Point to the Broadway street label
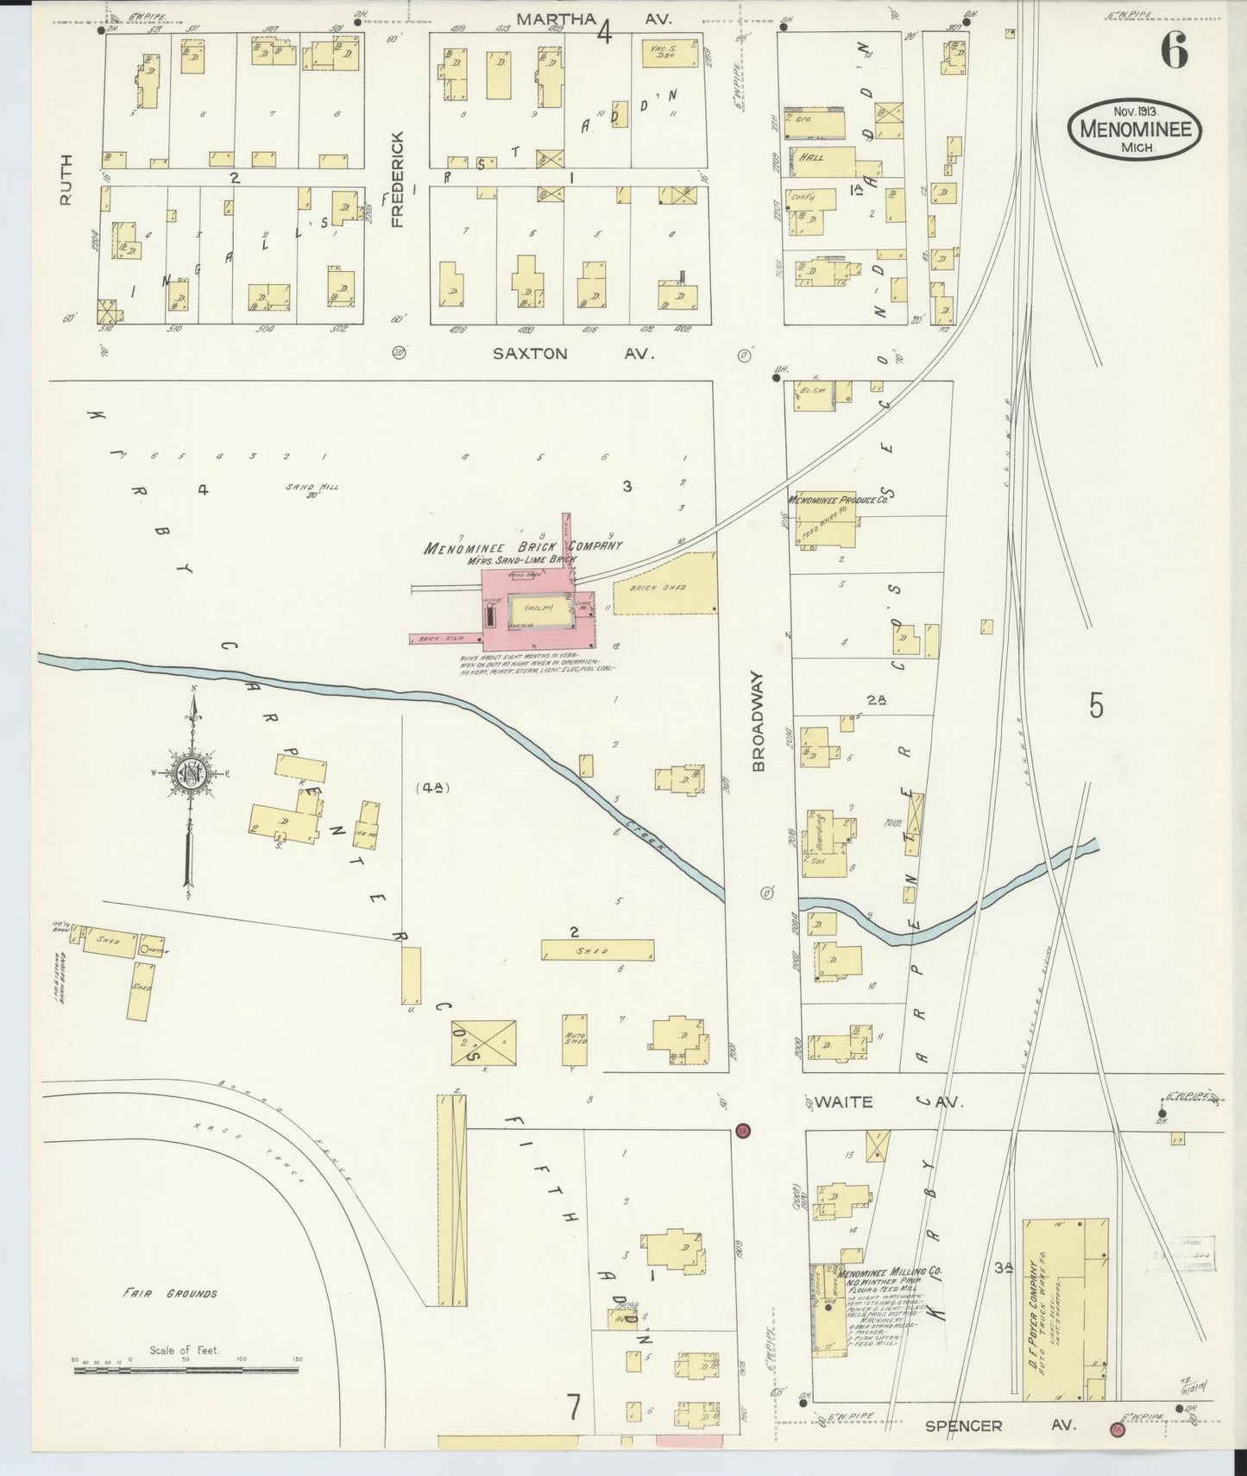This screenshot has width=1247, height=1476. coord(759,721)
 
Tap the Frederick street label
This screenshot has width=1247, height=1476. coord(398,180)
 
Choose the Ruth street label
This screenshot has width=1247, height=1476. coord(66,180)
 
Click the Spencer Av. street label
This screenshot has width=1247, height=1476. coord(999,1426)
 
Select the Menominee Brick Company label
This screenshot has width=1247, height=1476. coord(523,547)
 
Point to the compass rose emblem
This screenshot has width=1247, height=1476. coord(187,774)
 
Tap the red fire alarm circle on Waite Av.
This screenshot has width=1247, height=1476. coord(742,1130)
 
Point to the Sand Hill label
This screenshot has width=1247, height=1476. coord(312,489)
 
